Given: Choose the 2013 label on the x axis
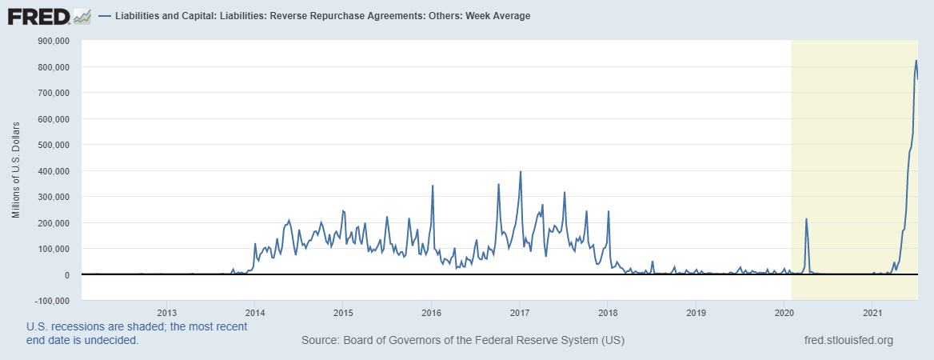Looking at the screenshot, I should tap(166, 311).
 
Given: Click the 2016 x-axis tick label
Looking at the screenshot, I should tap(431, 311).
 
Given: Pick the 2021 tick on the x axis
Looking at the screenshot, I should tap(872, 311).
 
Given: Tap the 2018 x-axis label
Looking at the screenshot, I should tap(608, 311).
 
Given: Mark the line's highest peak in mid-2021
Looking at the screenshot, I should tap(916, 61).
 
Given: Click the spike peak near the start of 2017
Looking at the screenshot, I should tap(521, 171).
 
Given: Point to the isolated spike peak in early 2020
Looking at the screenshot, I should tap(806, 218).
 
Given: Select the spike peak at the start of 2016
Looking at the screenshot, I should tap(433, 186).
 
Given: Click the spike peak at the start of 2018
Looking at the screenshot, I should tap(609, 211).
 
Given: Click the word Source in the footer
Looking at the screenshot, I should tap(319, 340).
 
